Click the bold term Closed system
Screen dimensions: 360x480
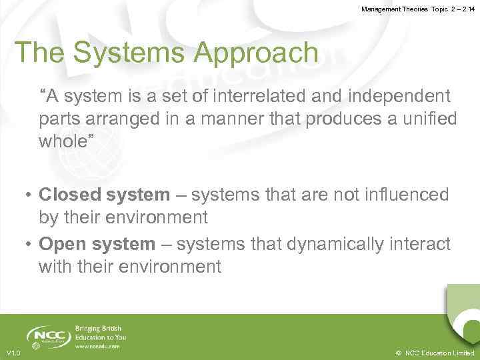pos(105,195)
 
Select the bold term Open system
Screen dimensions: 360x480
pos(97,245)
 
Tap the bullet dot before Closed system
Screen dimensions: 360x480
pos(29,195)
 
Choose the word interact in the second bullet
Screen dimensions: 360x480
pos(423,245)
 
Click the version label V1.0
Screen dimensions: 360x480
pos(13,353)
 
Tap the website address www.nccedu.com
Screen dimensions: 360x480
pos(97,347)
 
